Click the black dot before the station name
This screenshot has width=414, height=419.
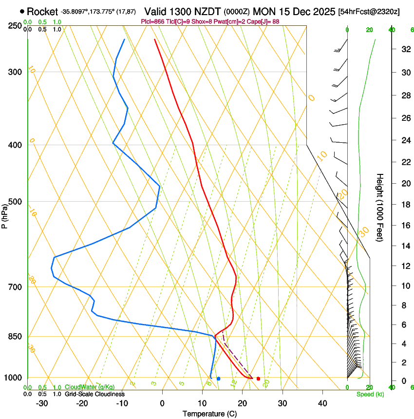[x=22, y=11]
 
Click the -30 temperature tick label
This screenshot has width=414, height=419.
[x=42, y=403]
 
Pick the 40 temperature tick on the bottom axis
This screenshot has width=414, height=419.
[x=322, y=403]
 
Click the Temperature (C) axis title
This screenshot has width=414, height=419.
[x=209, y=414]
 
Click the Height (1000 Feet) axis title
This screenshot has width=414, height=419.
[x=380, y=207]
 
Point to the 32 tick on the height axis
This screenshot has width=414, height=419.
[x=405, y=49]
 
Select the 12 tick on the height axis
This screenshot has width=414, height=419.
[x=405, y=266]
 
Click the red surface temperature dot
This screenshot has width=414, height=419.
[x=258, y=379]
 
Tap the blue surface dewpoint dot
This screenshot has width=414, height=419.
[x=218, y=379]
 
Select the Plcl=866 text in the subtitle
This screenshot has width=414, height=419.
[x=151, y=21]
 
